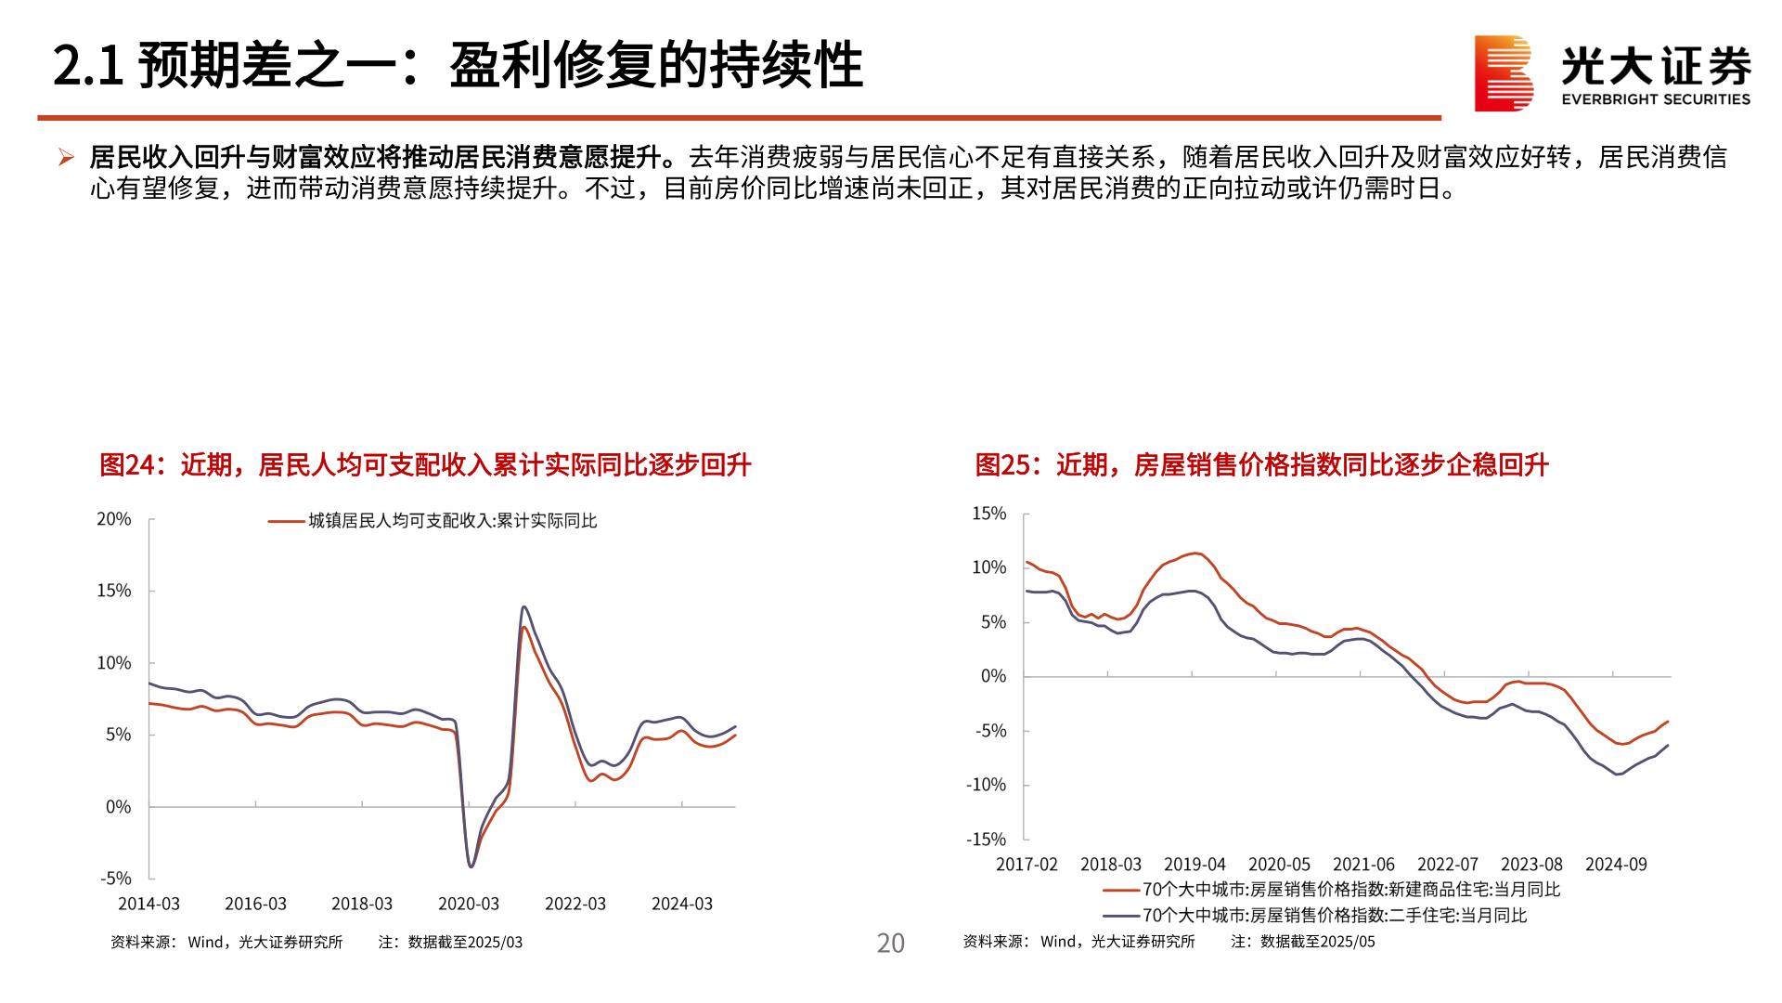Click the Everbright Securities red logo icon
tap(1503, 73)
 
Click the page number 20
tap(890, 943)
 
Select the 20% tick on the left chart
tap(114, 519)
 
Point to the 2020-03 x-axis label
tap(469, 904)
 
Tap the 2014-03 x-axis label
tap(148, 904)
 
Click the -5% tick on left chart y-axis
tap(116, 878)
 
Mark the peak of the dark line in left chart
tap(524, 607)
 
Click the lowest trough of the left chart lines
tap(471, 866)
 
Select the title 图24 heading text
tap(424, 464)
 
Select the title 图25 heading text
tap(1260, 464)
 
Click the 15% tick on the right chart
tap(988, 514)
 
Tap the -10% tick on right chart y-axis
tap(986, 785)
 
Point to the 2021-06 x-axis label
tap(1363, 865)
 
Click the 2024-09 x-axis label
tap(1616, 865)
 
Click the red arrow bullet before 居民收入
tap(66, 158)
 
